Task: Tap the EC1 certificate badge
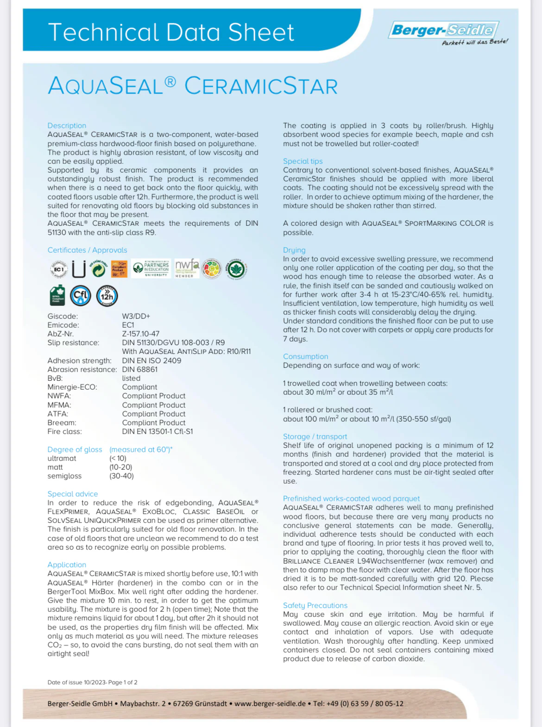click(59, 269)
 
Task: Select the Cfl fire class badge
click(81, 296)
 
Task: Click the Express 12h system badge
click(107, 296)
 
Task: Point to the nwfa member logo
click(187, 268)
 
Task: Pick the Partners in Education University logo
click(151, 268)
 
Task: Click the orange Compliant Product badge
click(119, 268)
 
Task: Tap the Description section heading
click(67, 125)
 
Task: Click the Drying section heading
click(294, 250)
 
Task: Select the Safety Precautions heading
click(315, 605)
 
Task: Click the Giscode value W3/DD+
click(136, 316)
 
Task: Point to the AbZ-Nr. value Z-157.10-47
click(140, 334)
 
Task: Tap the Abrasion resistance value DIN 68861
click(139, 369)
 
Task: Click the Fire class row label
click(64, 431)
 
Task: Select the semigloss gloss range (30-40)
click(121, 476)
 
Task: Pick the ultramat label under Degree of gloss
click(62, 458)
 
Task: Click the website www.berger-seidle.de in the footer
click(270, 703)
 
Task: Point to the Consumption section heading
click(305, 356)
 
